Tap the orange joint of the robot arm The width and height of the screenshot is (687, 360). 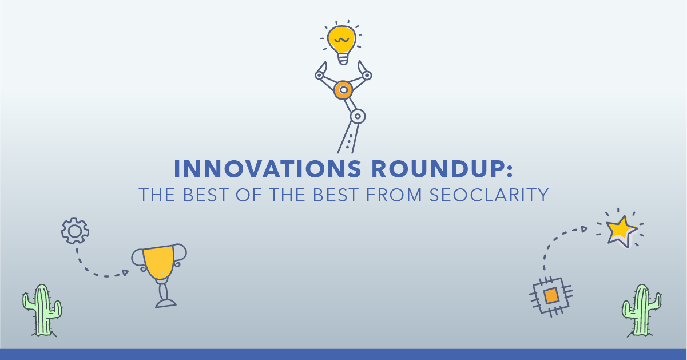click(343, 90)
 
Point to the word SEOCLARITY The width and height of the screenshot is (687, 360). click(489, 195)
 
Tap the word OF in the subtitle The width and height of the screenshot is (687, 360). click(249, 195)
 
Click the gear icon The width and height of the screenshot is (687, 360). click(75, 231)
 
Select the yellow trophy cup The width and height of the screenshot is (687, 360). click(160, 262)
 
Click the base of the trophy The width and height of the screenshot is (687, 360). click(166, 303)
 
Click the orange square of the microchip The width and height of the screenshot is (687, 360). click(551, 296)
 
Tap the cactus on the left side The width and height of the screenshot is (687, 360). click(42, 311)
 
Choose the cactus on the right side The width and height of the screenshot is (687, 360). click(641, 311)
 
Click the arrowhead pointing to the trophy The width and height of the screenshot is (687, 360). click(125, 272)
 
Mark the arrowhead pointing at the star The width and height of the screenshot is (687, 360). click(584, 229)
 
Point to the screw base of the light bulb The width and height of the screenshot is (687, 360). click(343, 58)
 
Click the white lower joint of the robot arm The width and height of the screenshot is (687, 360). click(358, 116)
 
